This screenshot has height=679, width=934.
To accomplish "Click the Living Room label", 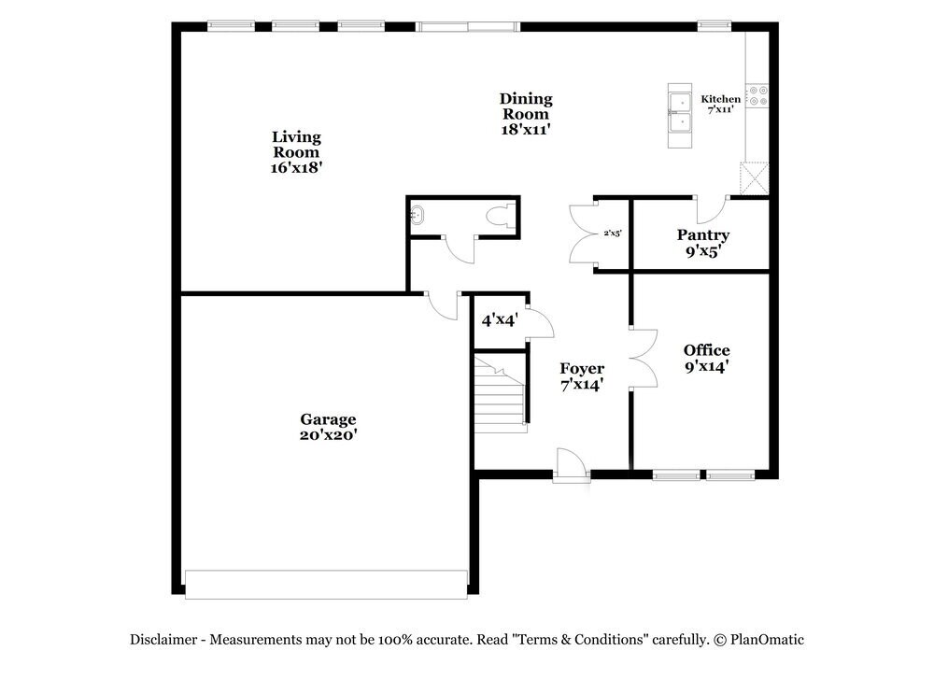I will [296, 152].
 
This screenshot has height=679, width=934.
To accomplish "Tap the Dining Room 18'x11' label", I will [526, 114].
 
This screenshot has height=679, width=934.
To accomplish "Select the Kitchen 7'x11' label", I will [721, 104].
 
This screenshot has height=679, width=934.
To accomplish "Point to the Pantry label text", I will [703, 235].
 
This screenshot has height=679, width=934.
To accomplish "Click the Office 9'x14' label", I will [706, 359].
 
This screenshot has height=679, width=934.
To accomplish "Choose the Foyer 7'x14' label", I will [582, 376].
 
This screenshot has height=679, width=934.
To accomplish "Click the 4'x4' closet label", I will [500, 319].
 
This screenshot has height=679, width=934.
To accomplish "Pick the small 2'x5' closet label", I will [612, 233].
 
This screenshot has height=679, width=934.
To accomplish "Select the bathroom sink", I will [417, 217].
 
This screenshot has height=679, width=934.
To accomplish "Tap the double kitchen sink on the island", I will [679, 115].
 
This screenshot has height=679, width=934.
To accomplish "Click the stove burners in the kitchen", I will [757, 95].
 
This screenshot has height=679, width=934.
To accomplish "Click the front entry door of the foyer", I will [570, 464].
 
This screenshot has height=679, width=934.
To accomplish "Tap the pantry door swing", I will [711, 206].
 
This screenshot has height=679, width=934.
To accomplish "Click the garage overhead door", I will [326, 584].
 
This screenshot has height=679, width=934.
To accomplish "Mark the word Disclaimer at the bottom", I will [163, 640].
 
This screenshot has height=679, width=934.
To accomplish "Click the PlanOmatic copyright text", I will [758, 640].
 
